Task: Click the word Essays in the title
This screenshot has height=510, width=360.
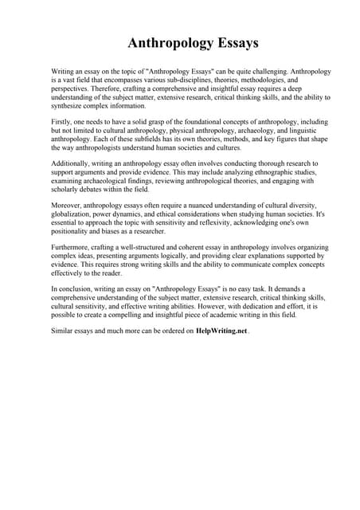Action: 232,42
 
